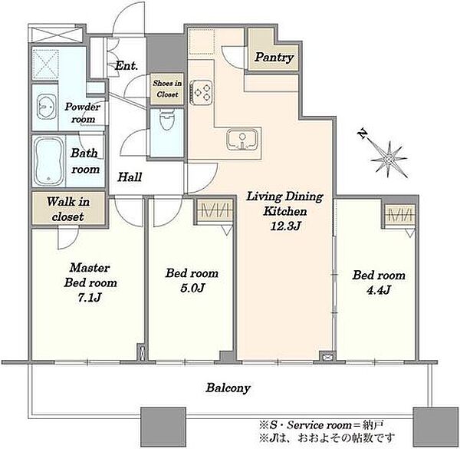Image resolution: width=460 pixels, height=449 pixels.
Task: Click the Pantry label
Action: tap(274, 58)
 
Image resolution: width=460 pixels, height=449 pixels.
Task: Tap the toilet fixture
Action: tap(167, 120)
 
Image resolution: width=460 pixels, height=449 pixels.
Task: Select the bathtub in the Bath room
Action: tap(49, 161)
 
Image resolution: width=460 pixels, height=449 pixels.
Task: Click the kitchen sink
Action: tap(242, 140)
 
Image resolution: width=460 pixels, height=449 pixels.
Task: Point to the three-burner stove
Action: tap(201, 92)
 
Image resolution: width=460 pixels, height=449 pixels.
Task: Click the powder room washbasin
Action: tap(46, 107)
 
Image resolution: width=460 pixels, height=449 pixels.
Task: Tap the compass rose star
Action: tap(389, 160)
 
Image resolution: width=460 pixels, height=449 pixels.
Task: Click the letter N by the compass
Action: tap(363, 134)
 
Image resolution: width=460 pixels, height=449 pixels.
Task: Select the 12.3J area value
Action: tap(285, 226)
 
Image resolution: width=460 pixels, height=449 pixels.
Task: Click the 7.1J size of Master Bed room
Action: tap(90, 298)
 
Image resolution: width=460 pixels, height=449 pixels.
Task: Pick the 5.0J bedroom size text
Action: tap(192, 289)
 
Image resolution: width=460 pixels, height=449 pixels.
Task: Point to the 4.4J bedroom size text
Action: tap(379, 290)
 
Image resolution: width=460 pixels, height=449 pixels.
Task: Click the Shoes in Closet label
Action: tap(167, 89)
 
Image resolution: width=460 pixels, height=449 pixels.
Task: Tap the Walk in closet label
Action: tap(68, 209)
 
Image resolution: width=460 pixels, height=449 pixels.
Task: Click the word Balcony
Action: tap(228, 388)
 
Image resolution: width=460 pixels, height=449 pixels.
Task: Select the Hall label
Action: tap(130, 177)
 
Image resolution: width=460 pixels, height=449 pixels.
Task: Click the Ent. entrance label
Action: tap(127, 66)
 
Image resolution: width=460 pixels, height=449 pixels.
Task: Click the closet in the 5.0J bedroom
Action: tap(215, 210)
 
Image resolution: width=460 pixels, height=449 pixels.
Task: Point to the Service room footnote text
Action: tap(321, 425)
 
